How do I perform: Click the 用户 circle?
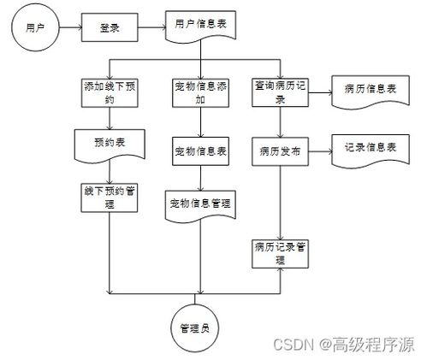pos(35,27)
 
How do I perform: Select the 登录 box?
pos(110,27)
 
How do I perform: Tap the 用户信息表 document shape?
pos(200,27)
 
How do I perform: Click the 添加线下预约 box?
pos(110,93)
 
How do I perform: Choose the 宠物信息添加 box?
pos(200,93)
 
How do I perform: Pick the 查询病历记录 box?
pos(280,92)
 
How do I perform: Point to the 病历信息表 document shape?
pos(371,91)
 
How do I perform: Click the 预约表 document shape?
pos(110,146)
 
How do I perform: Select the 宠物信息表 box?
pos(200,151)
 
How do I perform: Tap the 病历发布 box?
pos(280,151)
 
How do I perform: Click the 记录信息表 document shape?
pos(371,151)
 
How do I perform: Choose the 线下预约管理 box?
pos(110,198)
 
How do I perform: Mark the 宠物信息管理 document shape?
pos(200,206)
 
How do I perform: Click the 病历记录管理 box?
pos(280,254)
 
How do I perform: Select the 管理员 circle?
pos(195,328)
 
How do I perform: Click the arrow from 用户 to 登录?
pos(70,27)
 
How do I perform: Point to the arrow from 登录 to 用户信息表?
pos(151,27)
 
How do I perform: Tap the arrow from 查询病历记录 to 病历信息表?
pos(320,92)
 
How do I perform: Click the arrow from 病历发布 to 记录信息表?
pos(320,151)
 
